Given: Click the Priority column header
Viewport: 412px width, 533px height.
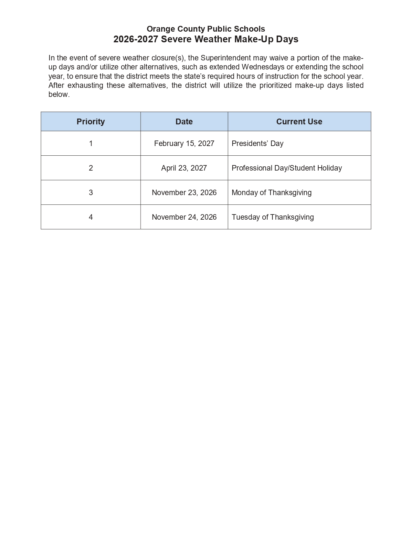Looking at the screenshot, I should pos(90,121).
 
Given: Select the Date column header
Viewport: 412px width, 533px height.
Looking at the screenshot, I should pos(184,121).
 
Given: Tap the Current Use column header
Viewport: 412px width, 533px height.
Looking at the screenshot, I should pos(299,121).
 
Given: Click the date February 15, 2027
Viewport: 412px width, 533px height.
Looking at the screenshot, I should pos(184,143).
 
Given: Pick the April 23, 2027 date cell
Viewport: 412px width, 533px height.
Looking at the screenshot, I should pos(184,168).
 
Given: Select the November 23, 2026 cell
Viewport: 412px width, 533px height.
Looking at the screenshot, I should pos(184,193).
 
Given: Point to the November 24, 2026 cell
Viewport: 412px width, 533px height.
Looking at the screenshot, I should pos(184,217).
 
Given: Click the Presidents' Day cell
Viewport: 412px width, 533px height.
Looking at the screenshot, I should pos(257,143).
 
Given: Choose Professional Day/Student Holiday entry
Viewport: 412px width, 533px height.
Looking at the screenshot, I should pos(286,168).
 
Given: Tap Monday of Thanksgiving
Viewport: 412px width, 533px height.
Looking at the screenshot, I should pos(271,193).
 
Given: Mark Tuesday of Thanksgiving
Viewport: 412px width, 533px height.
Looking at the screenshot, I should pos(272,217).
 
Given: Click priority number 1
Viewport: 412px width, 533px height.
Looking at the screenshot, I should pos(91,143).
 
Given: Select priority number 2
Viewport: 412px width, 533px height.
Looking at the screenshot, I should pos(91,168).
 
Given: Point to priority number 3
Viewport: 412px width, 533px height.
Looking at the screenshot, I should pos(91,193).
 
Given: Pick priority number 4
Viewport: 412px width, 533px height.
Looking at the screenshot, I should pos(91,217).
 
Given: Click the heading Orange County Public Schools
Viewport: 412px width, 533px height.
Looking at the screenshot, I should pos(206,29).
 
